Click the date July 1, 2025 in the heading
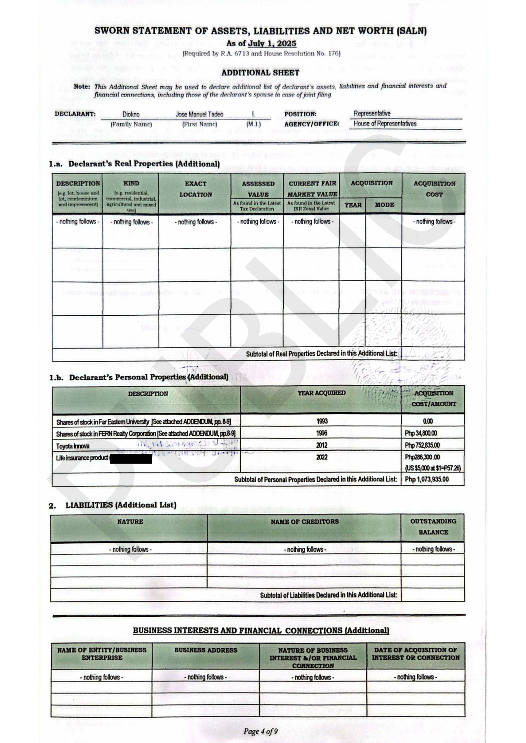272,43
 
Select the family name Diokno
131,115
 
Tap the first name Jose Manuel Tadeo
199,115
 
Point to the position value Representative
372,114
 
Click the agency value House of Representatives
385,124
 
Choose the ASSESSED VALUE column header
258,189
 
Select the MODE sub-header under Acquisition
384,205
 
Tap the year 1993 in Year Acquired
322,421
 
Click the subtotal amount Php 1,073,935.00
427,479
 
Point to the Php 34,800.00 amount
421,433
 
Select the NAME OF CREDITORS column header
305,522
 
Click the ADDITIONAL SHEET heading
260,73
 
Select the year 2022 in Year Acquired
322,457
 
